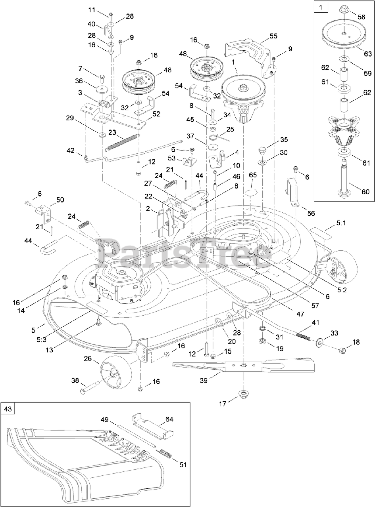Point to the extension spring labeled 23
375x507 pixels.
[x=123, y=141]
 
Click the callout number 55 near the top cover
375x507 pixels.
[x=273, y=36]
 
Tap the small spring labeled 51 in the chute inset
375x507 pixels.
[x=165, y=452]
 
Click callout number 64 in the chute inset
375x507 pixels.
[x=169, y=419]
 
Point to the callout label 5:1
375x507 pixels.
[x=341, y=223]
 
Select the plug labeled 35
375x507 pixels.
[x=261, y=150]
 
